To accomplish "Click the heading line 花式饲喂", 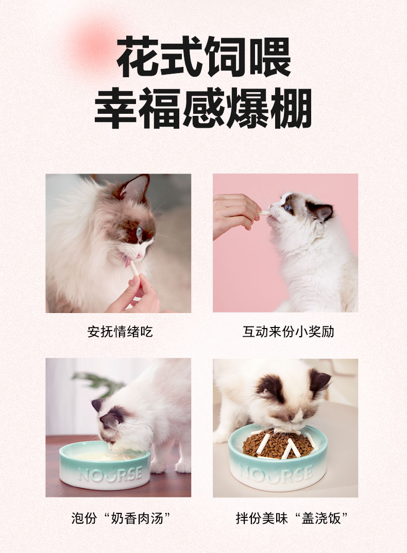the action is [x=203, y=57].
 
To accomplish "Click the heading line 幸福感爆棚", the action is [x=203, y=108].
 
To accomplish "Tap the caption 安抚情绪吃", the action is [x=120, y=332].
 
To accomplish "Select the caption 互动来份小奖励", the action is [x=288, y=332].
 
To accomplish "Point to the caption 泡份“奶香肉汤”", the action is [x=121, y=518].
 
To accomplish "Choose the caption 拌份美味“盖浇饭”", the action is [x=292, y=518].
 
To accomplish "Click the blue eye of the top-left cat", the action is [x=140, y=232].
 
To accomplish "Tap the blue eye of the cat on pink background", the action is [x=289, y=208].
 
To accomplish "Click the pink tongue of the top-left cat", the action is [x=127, y=262].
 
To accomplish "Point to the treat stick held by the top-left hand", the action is [x=134, y=269].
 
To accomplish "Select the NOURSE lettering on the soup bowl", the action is [x=110, y=474].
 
